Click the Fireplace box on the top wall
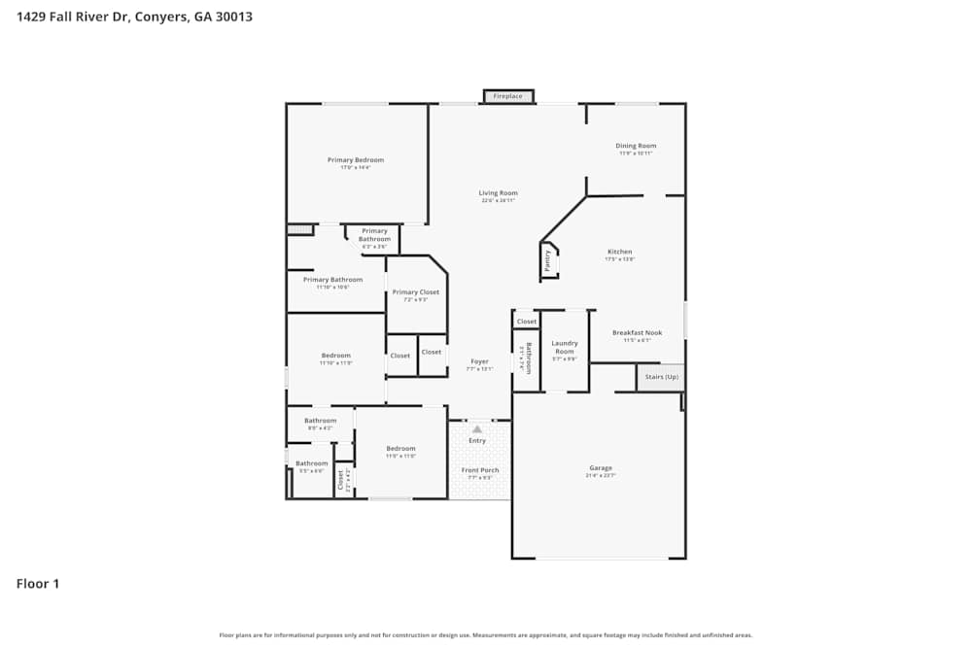tap(507, 96)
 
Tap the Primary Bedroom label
tap(355, 160)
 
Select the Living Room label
tap(498, 193)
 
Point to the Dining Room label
tap(637, 146)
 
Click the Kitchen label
tap(619, 252)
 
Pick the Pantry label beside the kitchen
tap(548, 260)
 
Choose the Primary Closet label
tap(416, 292)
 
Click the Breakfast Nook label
tap(638, 333)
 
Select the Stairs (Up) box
tap(661, 377)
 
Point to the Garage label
tap(601, 468)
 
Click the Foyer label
tap(479, 361)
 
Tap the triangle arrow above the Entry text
tap(477, 428)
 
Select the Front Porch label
tap(480, 470)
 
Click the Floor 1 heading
tap(38, 584)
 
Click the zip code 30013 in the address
tap(233, 17)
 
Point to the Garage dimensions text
tap(601, 476)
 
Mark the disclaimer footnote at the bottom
tap(486, 635)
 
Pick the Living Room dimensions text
tap(498, 201)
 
